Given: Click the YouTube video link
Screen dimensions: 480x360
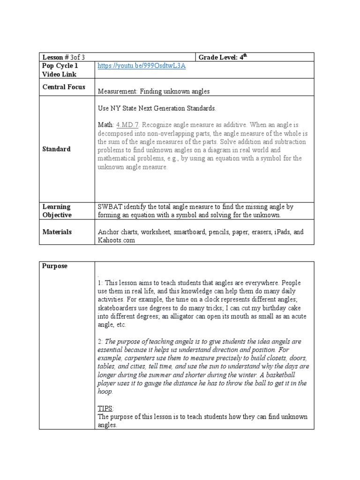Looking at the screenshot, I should [142, 66].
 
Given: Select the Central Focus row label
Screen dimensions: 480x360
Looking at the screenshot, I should [64, 87].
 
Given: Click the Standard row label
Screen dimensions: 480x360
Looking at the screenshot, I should [56, 149].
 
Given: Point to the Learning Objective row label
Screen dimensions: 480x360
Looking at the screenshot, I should [57, 210].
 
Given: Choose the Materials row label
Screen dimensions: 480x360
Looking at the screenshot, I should [57, 232].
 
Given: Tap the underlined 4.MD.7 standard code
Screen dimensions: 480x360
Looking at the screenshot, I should [127, 125].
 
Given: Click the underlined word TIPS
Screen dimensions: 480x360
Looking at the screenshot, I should [105, 408].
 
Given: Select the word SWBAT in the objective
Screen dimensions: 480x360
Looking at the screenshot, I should [110, 207].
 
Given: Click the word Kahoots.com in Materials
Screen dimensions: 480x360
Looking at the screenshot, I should [116, 240].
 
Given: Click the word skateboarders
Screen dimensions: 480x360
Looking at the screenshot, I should [118, 308].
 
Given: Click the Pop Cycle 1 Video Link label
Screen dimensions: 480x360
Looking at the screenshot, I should [60, 70].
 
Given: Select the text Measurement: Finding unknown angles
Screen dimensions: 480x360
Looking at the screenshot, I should [154, 91].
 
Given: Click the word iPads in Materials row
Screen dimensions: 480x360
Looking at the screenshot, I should [284, 232].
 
